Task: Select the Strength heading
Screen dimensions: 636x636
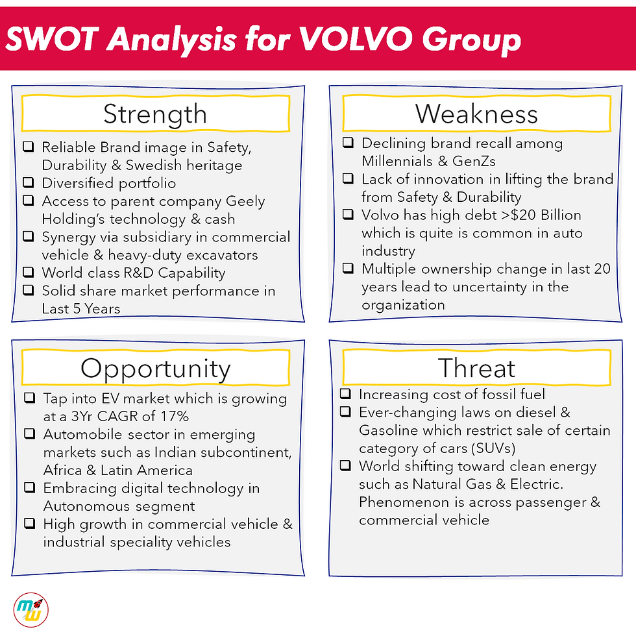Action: tap(155, 114)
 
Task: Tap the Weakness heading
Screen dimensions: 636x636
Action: tap(476, 114)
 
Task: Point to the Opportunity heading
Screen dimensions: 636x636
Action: tap(155, 369)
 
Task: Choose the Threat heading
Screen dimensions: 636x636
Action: tap(476, 369)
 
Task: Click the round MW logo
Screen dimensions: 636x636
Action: tap(31, 611)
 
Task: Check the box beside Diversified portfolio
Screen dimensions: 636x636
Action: tap(29, 183)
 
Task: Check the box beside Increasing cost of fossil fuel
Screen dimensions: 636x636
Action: tap(347, 394)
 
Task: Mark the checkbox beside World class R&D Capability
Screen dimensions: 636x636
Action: tap(29, 273)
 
